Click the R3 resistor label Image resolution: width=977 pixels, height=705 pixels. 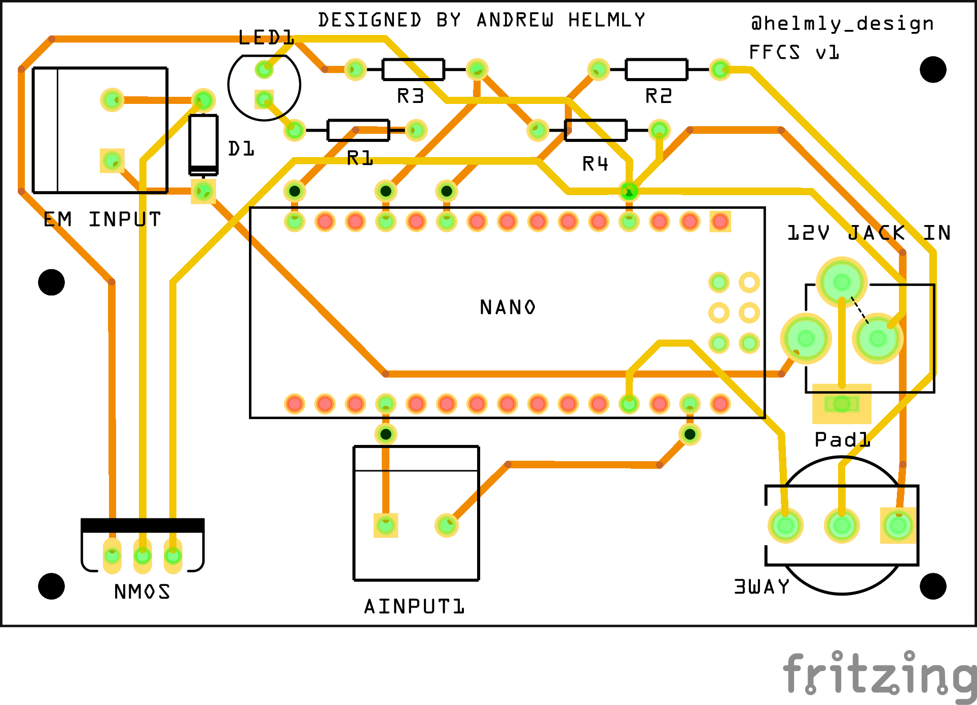tap(410, 96)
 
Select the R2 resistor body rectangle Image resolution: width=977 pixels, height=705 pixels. tap(656, 69)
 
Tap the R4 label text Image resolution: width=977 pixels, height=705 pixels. tap(595, 164)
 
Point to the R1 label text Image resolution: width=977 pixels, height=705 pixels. tap(360, 159)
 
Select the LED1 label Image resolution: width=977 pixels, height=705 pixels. tap(266, 38)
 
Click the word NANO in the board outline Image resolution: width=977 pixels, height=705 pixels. tap(507, 307)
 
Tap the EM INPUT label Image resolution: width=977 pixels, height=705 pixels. tap(102, 219)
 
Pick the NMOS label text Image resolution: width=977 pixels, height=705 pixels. tap(142, 591)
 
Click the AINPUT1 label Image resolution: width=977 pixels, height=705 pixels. tap(414, 606)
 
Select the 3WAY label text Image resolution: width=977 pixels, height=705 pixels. tap(762, 586)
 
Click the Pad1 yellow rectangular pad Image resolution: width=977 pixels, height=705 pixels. tap(842, 404)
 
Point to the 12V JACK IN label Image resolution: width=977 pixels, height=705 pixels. tap(868, 233)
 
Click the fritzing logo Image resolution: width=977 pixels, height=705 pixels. tap(880, 675)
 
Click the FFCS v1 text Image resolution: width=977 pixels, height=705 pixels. tap(793, 52)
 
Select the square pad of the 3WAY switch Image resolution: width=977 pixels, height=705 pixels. tap(898, 526)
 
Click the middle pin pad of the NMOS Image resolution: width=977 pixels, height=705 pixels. tap(142, 556)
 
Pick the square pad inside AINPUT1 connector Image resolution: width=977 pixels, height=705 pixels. tap(386, 525)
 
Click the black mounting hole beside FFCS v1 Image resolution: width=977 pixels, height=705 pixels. tap(933, 69)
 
